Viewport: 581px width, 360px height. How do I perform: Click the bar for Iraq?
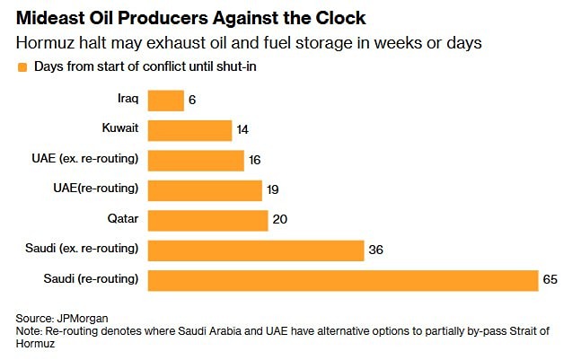point(165,101)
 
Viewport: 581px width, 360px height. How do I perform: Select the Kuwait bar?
point(189,130)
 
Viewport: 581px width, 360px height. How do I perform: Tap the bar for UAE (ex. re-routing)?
point(196,160)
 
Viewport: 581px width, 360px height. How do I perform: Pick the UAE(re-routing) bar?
point(205,189)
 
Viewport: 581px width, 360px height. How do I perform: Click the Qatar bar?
point(207,220)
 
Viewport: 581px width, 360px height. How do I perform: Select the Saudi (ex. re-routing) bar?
point(255,250)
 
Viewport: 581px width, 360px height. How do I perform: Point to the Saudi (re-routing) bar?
point(342,279)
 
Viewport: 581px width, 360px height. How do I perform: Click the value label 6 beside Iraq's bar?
point(192,101)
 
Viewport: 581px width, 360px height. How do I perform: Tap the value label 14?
point(242,130)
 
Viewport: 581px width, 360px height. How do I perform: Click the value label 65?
point(550,279)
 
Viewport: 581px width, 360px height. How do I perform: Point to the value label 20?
point(278,220)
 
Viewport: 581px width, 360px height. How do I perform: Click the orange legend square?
point(22,66)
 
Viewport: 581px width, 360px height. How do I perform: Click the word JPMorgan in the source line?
point(80,318)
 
